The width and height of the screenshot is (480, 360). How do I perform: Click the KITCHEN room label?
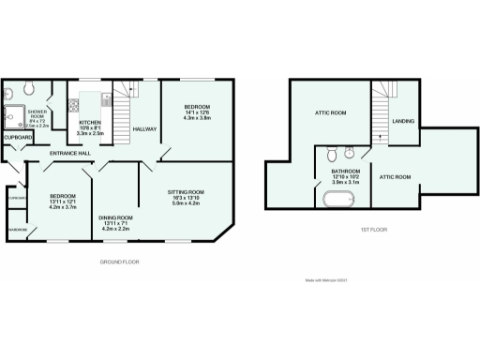(x=90, y=123)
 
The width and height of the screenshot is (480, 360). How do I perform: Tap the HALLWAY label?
(x=144, y=128)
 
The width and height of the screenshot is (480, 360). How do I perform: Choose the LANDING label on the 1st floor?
(x=403, y=121)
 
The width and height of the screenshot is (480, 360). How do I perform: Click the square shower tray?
(x=16, y=113)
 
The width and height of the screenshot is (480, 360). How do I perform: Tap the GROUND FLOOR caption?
(x=119, y=262)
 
